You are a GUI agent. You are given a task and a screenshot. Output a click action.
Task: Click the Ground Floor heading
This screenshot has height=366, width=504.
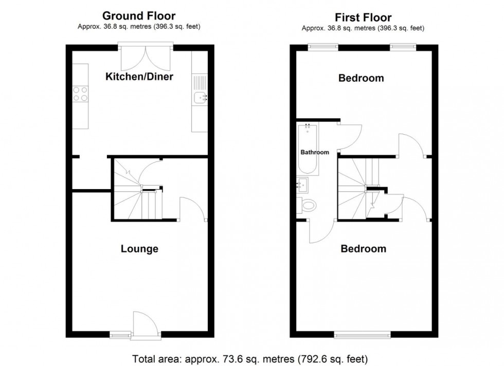(x=139, y=16)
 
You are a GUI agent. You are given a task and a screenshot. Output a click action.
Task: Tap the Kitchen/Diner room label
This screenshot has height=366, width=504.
(x=139, y=77)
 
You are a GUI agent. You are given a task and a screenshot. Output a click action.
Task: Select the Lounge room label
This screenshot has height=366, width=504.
(x=139, y=249)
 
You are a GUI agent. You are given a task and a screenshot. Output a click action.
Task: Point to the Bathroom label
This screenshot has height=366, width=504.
(x=314, y=152)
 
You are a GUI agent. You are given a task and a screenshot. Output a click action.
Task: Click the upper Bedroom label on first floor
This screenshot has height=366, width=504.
(x=361, y=78)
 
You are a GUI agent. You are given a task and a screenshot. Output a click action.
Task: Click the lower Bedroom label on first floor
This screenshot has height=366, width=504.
(x=363, y=249)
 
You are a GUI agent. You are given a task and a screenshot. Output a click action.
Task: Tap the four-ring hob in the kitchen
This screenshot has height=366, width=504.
(x=80, y=94)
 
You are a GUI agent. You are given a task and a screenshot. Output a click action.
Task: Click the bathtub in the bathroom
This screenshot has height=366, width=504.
(x=308, y=149)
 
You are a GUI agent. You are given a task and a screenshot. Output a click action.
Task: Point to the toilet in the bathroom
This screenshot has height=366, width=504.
(x=307, y=206)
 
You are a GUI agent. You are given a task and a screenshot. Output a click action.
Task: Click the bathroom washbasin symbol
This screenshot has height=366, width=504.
(x=302, y=184)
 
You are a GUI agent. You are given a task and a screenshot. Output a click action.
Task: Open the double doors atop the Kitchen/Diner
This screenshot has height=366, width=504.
(x=145, y=58)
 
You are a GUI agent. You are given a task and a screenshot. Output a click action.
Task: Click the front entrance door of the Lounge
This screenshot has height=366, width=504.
(x=140, y=325)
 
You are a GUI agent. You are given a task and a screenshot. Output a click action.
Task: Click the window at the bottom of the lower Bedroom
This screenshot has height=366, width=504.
(x=362, y=335)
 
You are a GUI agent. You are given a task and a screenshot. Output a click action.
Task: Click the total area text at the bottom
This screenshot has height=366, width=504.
(x=251, y=358)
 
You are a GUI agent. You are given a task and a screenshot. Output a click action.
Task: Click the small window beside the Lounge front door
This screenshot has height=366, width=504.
(x=120, y=335)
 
